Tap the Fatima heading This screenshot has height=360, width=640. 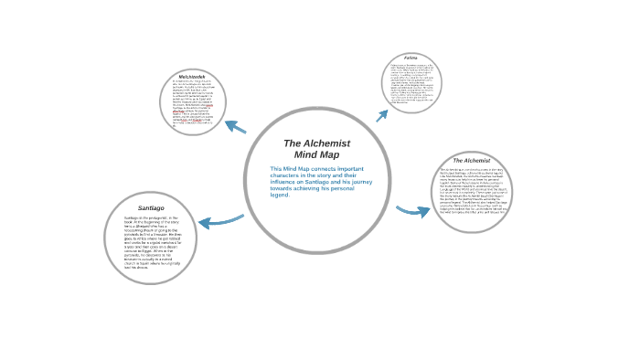(411, 58)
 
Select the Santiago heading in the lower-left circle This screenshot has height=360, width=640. (151, 208)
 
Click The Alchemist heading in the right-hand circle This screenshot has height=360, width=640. (472, 161)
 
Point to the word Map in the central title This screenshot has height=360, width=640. (328, 154)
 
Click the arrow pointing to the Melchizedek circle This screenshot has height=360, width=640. (235, 126)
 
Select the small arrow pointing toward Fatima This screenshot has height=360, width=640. (381, 116)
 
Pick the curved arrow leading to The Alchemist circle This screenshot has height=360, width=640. (413, 211)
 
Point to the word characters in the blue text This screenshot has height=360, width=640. (288, 175)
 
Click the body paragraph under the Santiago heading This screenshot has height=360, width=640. (150, 242)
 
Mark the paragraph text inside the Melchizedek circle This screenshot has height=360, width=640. (192, 105)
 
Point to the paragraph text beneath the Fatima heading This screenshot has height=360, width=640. (411, 84)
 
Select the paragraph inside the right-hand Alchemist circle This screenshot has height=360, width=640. (472, 193)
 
